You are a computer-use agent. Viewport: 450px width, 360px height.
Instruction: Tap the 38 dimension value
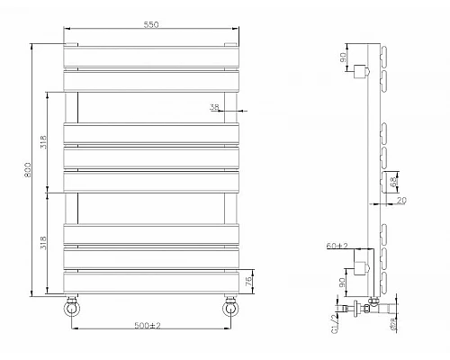point(214,108)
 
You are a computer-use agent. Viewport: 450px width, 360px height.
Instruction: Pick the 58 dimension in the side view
point(393,183)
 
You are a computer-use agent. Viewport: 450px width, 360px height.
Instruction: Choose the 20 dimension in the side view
point(401,200)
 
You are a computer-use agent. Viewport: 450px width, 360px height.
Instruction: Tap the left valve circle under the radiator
point(71,309)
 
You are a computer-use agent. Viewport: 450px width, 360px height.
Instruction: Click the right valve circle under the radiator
point(231,309)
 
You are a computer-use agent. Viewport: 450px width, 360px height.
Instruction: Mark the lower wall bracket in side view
point(363,266)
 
